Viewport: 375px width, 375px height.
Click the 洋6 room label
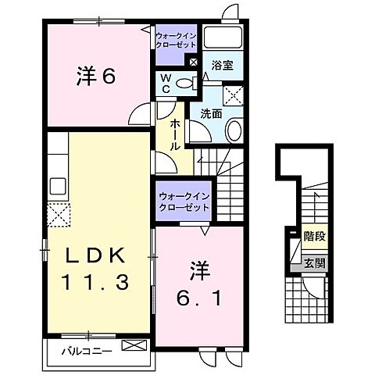click(96, 77)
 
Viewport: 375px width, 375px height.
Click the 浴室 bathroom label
click(221, 67)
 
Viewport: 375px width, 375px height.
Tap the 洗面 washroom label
click(211, 113)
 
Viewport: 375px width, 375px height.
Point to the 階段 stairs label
click(315, 234)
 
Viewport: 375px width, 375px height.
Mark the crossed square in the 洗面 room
click(232, 96)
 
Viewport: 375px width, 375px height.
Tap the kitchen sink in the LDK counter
click(58, 187)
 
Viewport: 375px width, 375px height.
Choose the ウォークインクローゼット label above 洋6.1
click(183, 202)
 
